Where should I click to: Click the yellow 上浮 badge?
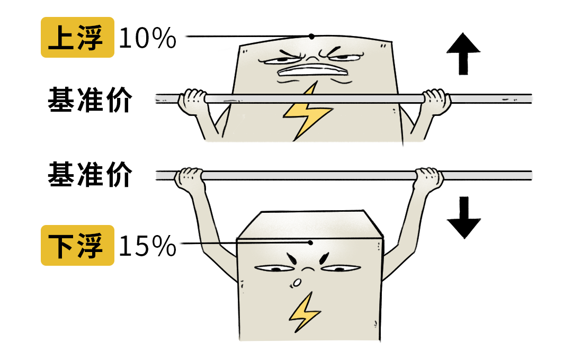(x=77, y=37)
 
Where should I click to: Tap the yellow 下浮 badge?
(x=77, y=245)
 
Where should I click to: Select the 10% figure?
(x=147, y=38)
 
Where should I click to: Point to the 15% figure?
(x=147, y=246)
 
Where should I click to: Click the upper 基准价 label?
(x=90, y=100)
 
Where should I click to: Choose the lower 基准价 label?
(x=90, y=175)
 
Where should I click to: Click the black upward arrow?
(x=463, y=53)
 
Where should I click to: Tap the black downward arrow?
(x=463, y=218)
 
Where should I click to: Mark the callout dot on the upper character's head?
(x=311, y=37)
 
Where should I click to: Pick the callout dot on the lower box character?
(x=310, y=242)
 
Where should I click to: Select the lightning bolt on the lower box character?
(x=304, y=312)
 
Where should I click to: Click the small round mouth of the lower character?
(x=297, y=283)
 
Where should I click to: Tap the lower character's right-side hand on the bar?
(x=429, y=178)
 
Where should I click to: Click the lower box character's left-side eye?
(x=274, y=269)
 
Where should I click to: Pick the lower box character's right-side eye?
(x=341, y=269)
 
